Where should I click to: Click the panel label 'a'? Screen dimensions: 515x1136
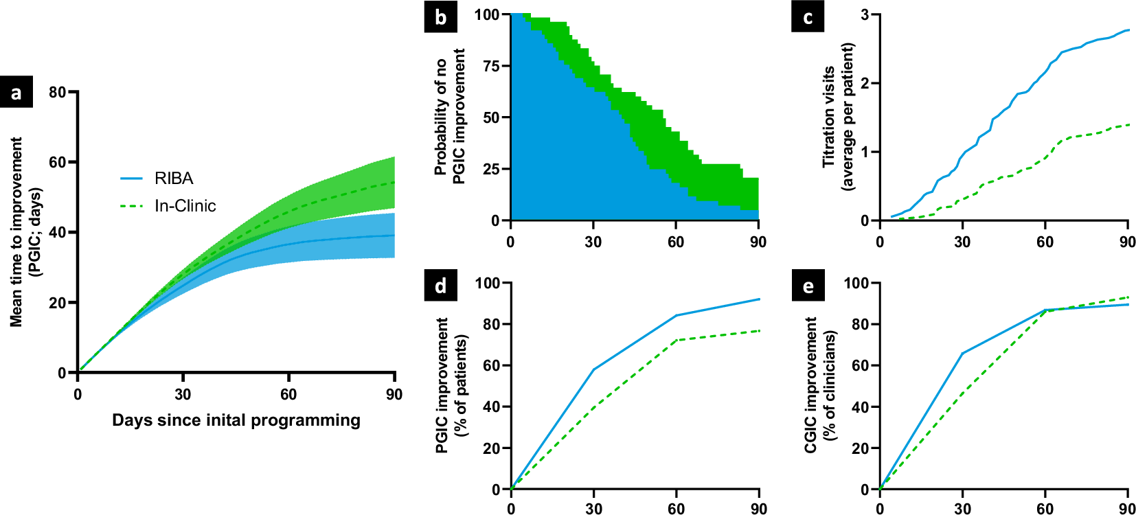click(x=16, y=93)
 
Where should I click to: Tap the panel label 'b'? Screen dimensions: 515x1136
click(x=440, y=16)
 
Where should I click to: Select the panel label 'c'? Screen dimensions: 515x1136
click(x=808, y=16)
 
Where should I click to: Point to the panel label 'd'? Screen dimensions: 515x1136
click(x=440, y=285)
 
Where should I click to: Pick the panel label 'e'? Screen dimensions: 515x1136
click(x=808, y=285)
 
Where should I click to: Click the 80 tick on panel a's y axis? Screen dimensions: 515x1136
click(x=58, y=92)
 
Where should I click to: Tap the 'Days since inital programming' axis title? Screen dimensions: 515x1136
click(x=236, y=420)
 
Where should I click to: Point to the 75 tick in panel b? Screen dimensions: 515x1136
click(x=490, y=66)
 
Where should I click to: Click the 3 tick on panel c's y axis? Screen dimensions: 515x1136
click(x=865, y=14)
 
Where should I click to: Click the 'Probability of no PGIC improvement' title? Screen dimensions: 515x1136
click(x=450, y=117)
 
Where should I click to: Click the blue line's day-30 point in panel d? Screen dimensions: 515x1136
click(x=593, y=369)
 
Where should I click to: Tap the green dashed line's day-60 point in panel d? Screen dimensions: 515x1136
click(x=677, y=340)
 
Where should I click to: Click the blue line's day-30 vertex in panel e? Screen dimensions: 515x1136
click(x=962, y=353)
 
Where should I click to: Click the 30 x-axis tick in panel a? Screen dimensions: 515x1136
click(x=183, y=394)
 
